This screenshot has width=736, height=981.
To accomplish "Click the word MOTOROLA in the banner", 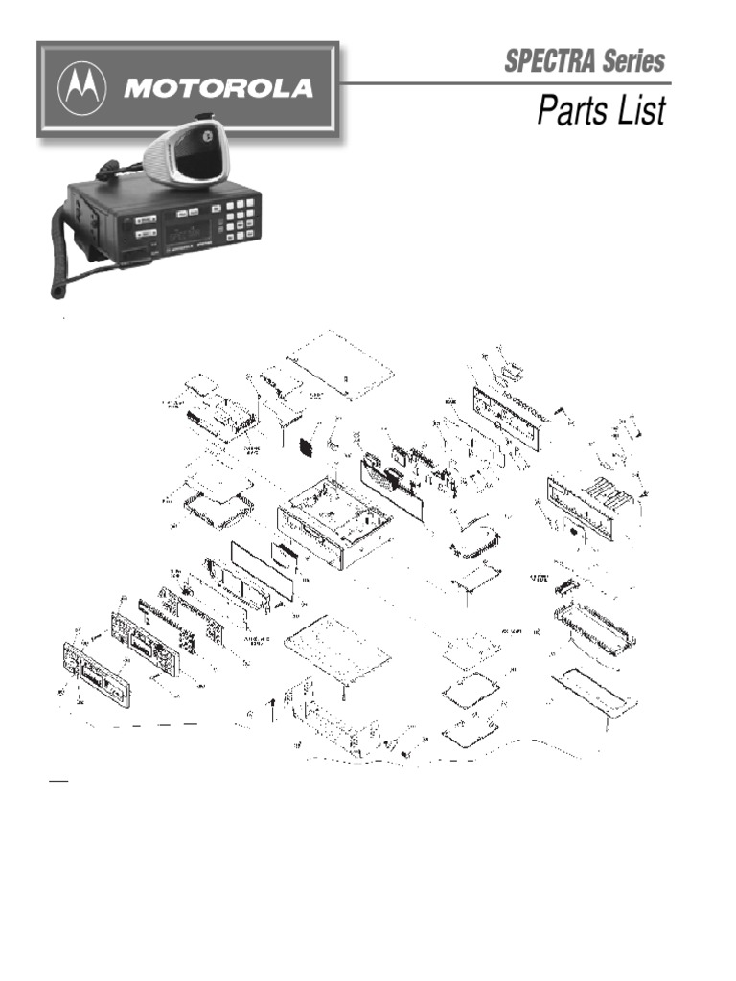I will (x=217, y=88).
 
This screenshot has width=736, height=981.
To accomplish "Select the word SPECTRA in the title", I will (x=550, y=62).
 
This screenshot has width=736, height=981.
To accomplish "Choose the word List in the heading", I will (x=640, y=110).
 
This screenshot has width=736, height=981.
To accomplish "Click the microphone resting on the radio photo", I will (x=188, y=152).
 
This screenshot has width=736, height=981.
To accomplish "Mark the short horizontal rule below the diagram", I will (x=58, y=782).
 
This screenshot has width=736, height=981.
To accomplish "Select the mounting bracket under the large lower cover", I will (x=331, y=719).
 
